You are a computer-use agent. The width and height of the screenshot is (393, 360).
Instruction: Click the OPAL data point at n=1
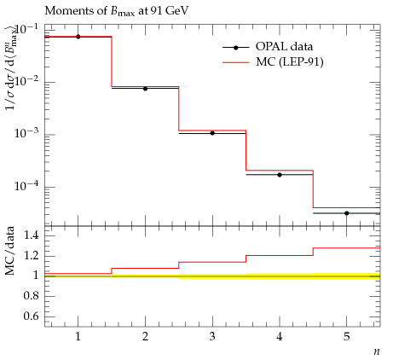point(78,37)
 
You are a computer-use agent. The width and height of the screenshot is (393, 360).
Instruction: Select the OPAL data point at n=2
point(145,89)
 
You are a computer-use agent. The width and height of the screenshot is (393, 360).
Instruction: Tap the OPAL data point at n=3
point(212,133)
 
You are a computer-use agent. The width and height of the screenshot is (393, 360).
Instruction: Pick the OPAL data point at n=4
point(280,175)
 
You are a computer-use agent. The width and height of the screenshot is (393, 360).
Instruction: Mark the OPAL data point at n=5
point(347,213)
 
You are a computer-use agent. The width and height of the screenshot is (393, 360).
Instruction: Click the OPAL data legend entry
point(268,47)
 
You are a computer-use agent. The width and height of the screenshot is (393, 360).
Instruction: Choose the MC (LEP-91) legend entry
point(273,62)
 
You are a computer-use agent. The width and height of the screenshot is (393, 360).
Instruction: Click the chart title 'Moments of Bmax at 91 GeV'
point(117,11)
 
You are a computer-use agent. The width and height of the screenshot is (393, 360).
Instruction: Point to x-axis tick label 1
point(78,337)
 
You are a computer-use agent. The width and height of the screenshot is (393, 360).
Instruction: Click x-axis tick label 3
point(212,337)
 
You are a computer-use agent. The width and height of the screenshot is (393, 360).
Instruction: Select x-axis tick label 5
point(346,337)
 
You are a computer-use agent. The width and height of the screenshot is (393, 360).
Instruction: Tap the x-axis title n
point(377,351)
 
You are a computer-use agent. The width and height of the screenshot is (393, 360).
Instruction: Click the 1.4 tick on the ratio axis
point(32,235)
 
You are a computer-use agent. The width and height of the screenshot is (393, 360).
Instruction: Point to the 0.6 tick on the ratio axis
point(32,316)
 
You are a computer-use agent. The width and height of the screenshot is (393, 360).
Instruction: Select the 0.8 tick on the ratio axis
point(32,296)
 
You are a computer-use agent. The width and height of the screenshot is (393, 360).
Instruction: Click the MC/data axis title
point(10,251)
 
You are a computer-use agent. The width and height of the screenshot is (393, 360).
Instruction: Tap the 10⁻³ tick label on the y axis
point(27,133)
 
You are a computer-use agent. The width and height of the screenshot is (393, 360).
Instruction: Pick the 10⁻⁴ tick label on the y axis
point(27,186)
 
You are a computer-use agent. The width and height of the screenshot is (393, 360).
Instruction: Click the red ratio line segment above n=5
point(347,248)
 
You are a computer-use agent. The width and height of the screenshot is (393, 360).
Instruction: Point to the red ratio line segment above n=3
point(212,262)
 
